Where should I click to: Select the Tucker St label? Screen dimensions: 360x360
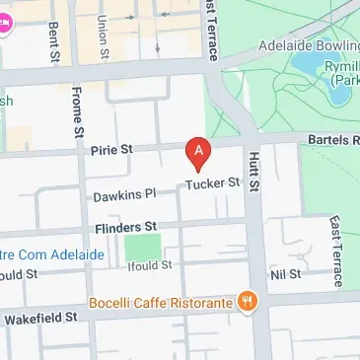(215, 182)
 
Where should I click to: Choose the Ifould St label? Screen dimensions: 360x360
(150, 265)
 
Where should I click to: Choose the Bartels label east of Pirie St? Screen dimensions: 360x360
(330, 141)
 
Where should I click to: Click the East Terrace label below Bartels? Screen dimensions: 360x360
(336, 252)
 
